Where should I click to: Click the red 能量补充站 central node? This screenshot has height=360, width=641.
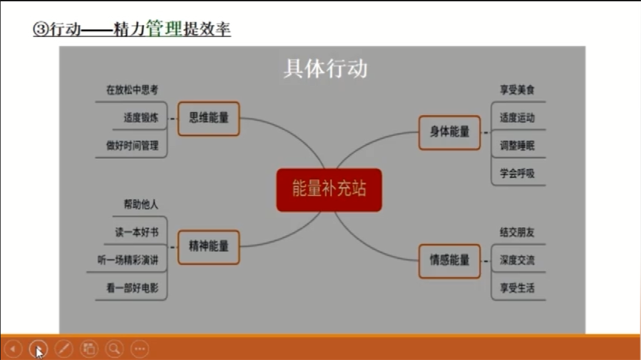[x=329, y=190]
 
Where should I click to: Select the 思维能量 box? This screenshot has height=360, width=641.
[x=208, y=118]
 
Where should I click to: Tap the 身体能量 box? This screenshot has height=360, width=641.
[x=449, y=133]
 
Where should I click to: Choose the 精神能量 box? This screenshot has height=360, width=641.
[x=208, y=247]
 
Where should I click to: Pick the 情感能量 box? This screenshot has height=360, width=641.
[x=449, y=261]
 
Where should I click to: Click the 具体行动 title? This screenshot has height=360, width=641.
[x=326, y=68]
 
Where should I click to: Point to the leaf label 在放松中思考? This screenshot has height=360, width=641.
[x=132, y=90]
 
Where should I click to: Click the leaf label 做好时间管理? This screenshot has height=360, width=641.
[x=132, y=146]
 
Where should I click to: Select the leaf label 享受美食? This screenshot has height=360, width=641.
[x=517, y=90]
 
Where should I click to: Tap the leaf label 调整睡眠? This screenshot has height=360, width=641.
[x=517, y=146]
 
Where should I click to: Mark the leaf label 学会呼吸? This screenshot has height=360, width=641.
[x=517, y=173]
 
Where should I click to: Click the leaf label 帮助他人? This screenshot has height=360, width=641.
[x=141, y=205]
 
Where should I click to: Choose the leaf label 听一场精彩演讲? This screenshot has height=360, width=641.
[x=128, y=260]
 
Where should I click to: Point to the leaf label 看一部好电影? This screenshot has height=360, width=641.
[x=132, y=288]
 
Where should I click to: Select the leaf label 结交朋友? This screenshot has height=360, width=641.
[x=517, y=232]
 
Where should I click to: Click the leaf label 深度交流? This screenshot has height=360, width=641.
[x=517, y=260]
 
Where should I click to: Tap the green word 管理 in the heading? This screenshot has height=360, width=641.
[x=164, y=29]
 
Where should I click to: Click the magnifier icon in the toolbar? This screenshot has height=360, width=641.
[x=114, y=349]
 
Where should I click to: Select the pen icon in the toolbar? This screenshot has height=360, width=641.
[x=64, y=349]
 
